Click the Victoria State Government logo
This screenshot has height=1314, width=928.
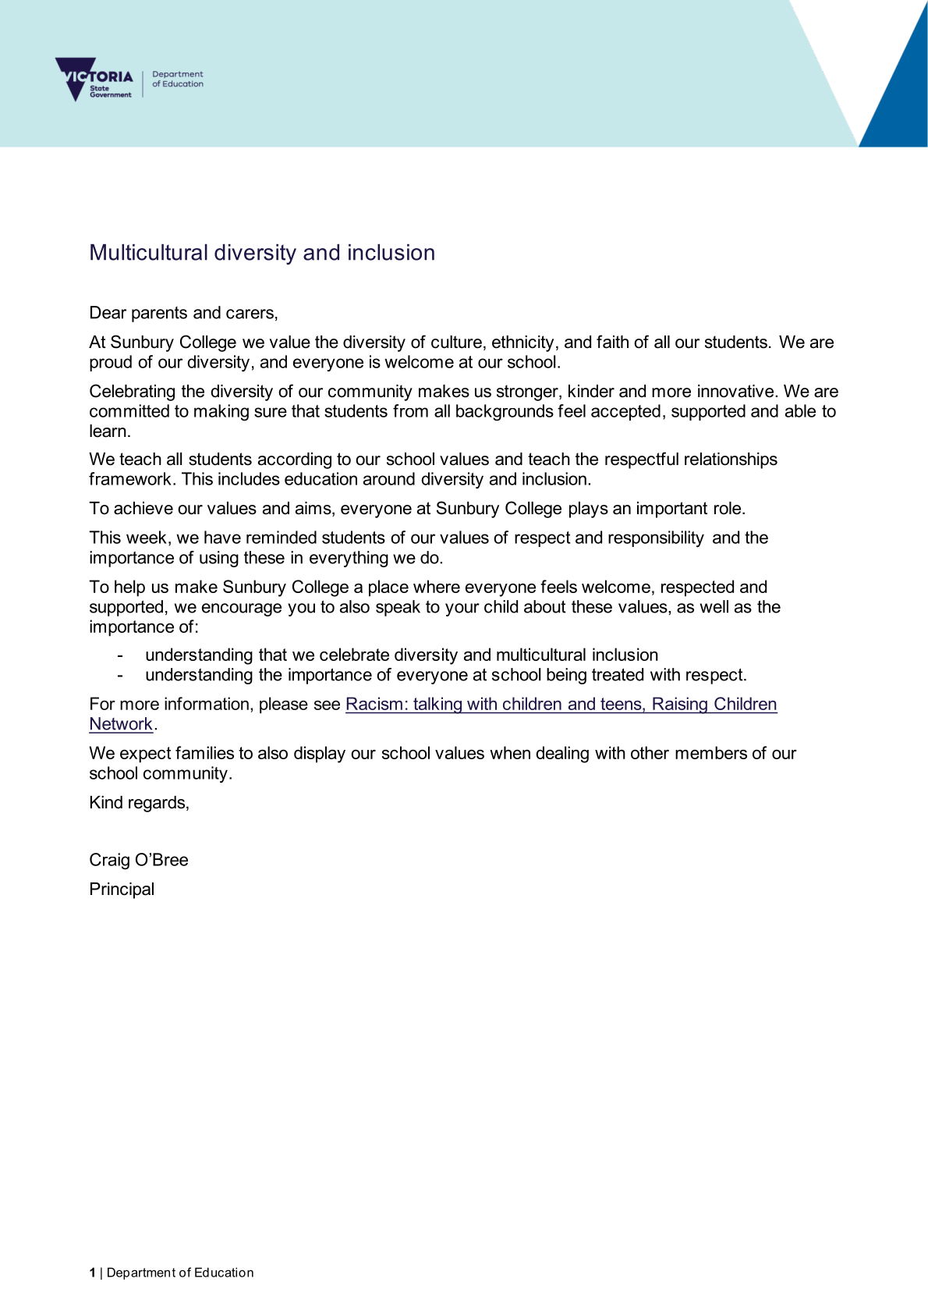tap(94, 79)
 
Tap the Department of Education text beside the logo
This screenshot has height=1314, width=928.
tap(178, 79)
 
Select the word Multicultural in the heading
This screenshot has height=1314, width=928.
tap(148, 253)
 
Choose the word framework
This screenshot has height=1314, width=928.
tap(132, 480)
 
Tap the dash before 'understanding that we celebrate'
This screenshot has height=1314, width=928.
tap(120, 655)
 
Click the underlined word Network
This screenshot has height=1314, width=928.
tap(121, 725)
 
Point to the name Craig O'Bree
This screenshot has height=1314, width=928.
tap(139, 860)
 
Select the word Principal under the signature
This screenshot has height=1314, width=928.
tap(122, 890)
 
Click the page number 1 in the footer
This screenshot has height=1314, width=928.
tap(92, 1273)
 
